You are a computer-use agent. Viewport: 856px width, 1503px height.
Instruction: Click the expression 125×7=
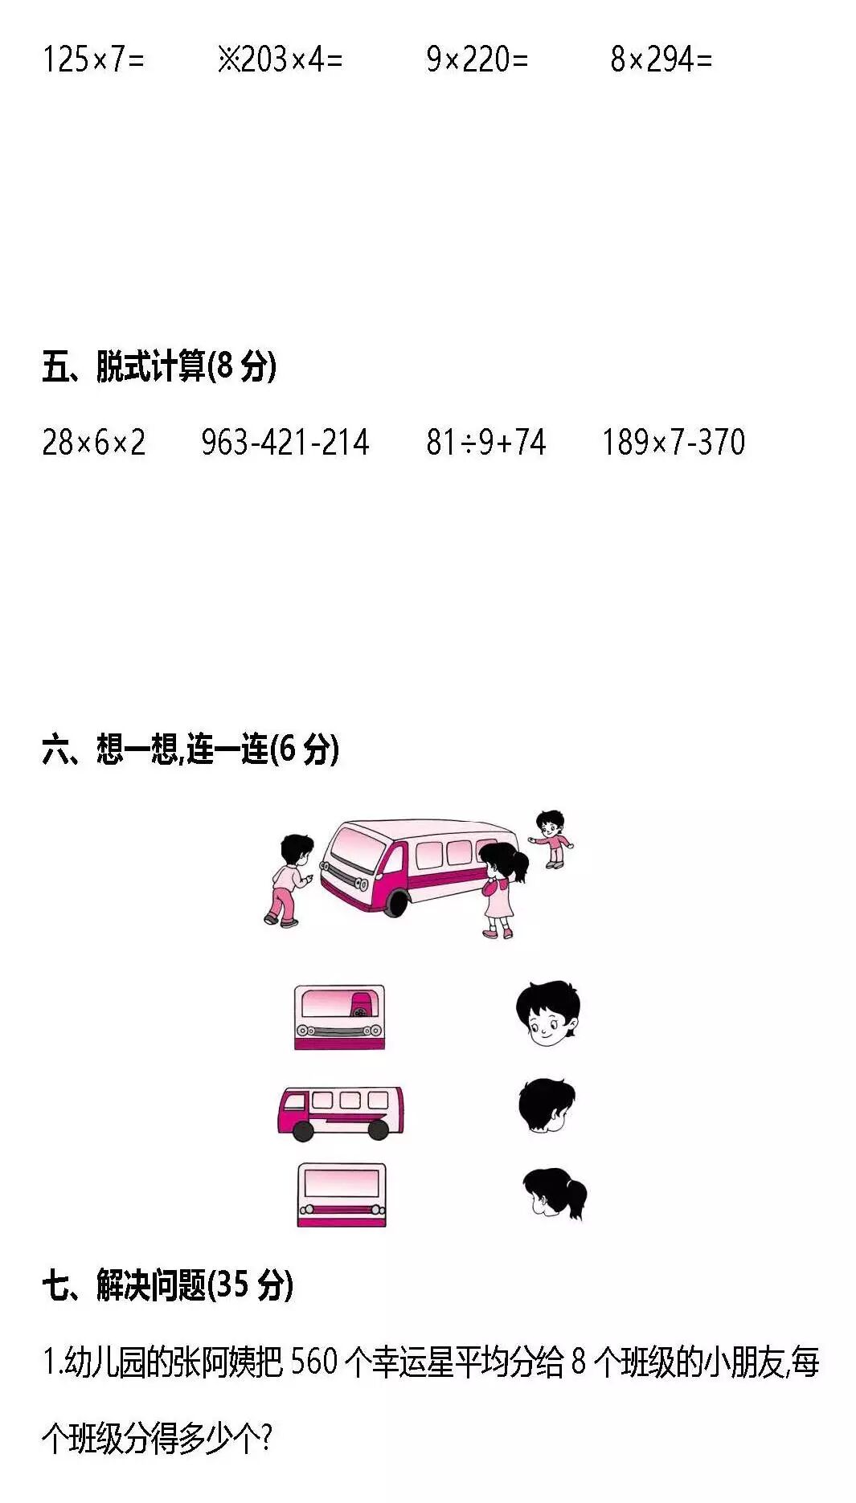[93, 59]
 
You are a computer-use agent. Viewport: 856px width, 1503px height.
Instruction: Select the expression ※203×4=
[280, 59]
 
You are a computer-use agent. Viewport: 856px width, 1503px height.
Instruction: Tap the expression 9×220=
[477, 59]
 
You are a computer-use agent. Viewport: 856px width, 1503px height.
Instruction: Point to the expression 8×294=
[661, 59]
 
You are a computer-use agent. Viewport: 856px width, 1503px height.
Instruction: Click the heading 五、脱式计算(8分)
[159, 366]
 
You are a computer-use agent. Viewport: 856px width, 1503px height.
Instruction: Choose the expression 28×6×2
[93, 443]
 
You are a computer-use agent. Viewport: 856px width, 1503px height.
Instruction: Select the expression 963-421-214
[285, 443]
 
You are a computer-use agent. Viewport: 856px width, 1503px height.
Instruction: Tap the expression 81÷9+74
[485, 443]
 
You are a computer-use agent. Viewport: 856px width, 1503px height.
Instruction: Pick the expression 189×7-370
[674, 443]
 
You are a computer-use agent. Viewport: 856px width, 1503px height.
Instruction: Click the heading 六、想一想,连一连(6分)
[190, 749]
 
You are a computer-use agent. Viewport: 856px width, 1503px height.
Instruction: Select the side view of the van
[340, 1113]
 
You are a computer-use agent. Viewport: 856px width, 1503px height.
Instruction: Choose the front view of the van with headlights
[340, 1017]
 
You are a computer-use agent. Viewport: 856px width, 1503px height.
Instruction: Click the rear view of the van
[342, 1195]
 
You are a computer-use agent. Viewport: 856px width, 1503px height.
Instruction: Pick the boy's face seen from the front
[547, 1013]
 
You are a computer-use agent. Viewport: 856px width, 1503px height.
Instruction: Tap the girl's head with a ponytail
[554, 1193]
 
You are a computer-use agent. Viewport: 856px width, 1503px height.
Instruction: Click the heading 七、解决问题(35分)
[167, 1285]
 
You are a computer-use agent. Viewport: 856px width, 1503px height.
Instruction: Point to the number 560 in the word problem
[313, 1362]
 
